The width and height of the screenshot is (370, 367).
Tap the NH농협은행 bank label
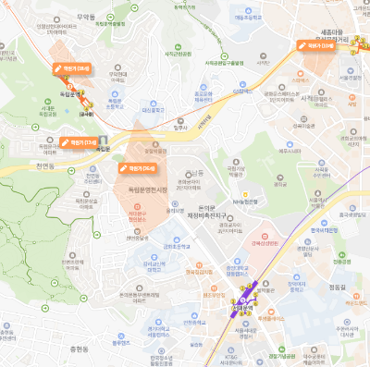click(x=243, y=200)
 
